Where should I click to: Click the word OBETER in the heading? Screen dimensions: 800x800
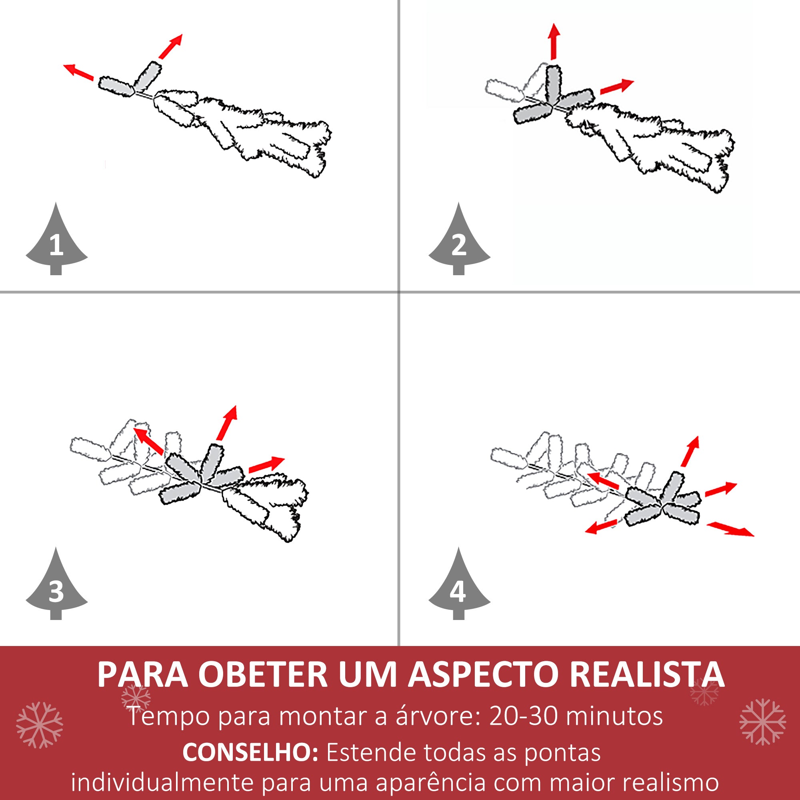(263, 675)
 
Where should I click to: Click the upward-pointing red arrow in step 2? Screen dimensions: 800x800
(554, 42)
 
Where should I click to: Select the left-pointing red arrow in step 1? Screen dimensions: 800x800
(78, 72)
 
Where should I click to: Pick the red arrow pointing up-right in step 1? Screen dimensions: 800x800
(170, 47)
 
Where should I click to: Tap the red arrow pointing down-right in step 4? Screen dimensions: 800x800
(730, 529)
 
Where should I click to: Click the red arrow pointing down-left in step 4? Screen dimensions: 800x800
(601, 527)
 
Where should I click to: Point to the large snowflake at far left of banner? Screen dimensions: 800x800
(39, 725)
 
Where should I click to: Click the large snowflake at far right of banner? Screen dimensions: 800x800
(762, 722)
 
